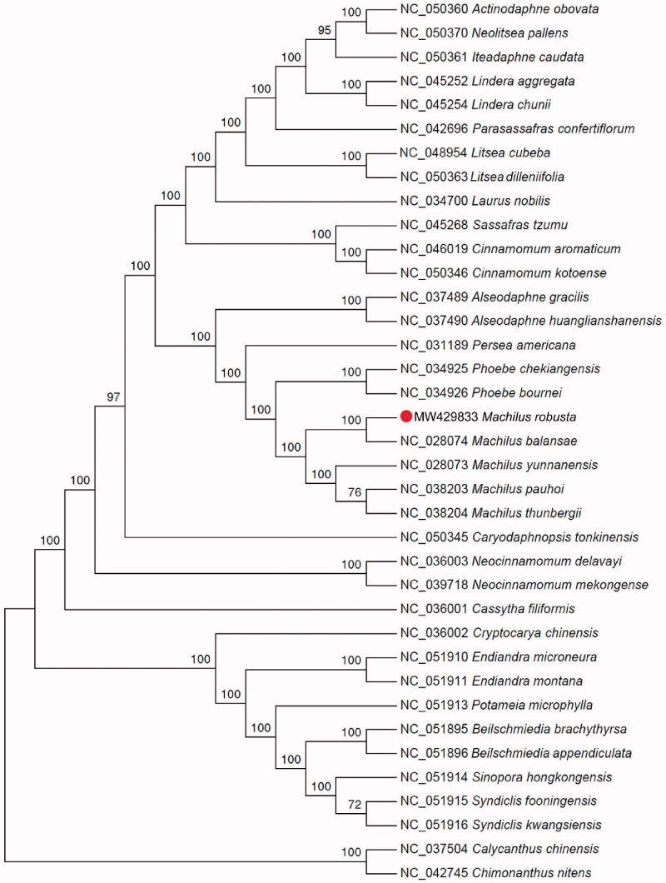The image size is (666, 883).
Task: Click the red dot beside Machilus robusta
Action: click(405, 417)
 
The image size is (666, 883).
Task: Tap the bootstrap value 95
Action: click(324, 31)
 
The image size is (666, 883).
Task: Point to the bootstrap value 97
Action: click(114, 397)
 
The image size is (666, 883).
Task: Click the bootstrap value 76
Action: click(353, 493)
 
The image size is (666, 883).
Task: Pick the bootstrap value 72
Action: click(353, 806)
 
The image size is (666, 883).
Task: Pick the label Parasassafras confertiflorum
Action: click(554, 129)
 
